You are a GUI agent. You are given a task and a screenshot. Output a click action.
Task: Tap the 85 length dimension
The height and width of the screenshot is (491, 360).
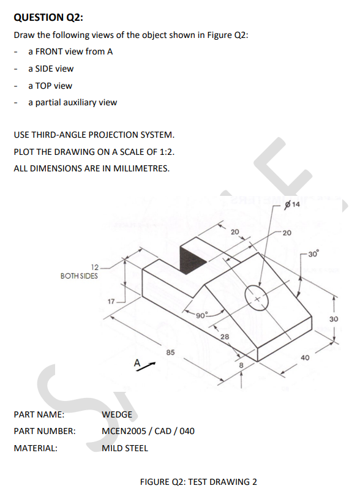171,352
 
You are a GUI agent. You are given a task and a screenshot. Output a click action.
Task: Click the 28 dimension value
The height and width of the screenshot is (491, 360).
224,337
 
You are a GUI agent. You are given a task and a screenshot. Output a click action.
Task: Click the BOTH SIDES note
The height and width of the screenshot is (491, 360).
78,276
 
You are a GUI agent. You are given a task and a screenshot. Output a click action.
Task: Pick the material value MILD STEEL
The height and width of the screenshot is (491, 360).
124,448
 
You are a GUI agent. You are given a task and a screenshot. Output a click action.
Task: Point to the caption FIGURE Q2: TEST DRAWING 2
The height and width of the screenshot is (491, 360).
198,481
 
